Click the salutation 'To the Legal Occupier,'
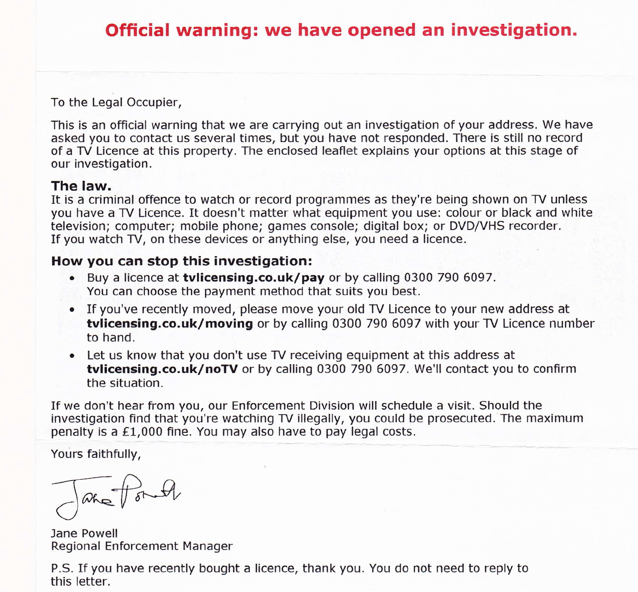coord(116,102)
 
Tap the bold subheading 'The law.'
coord(81,186)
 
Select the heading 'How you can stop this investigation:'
coord(181,261)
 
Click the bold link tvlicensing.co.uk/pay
coord(253,278)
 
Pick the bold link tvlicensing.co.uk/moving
coord(169,324)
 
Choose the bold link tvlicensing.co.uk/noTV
coord(162,369)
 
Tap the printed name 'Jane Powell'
coord(84,533)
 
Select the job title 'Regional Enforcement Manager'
coord(142,546)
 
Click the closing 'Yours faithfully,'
coord(96,454)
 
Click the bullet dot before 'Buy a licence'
coord(72,278)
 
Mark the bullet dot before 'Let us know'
coord(72,356)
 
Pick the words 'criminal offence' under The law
coord(134,200)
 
